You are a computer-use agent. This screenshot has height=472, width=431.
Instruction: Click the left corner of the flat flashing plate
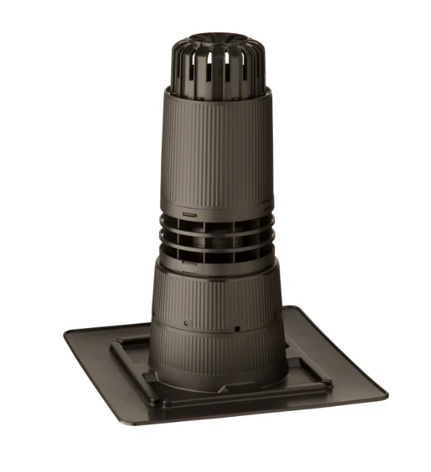point(68,335)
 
